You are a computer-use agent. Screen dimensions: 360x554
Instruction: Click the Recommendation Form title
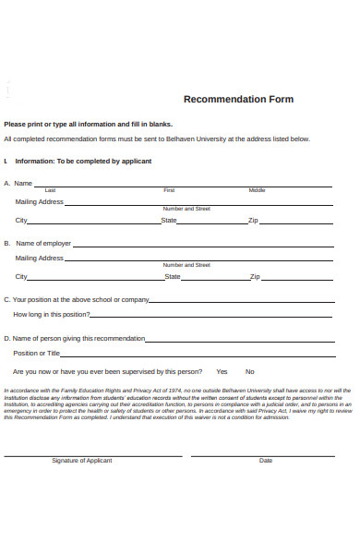238,99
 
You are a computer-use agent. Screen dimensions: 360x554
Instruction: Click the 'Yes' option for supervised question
222,371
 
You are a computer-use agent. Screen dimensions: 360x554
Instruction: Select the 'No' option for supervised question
250,371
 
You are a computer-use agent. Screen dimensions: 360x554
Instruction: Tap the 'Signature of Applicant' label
82,460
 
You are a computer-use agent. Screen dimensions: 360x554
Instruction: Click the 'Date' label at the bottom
266,460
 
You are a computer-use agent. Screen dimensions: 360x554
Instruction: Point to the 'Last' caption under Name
50,190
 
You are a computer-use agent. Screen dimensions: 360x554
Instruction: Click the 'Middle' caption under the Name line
257,190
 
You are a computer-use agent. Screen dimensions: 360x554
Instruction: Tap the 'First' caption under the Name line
169,190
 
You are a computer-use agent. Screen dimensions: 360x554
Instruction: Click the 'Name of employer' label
42,244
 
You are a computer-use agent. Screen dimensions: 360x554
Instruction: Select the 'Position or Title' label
37,353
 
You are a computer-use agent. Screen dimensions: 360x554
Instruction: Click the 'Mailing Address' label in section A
39,201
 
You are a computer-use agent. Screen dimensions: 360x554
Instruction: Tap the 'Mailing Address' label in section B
39,258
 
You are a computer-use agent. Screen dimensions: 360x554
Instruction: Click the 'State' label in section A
169,221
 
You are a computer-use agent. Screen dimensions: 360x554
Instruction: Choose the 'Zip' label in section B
255,276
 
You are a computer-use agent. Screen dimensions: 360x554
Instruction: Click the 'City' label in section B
21,276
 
